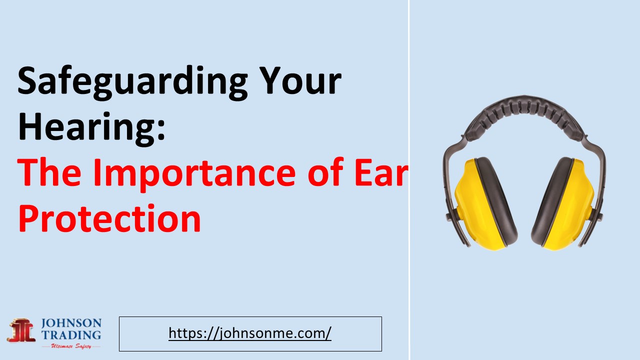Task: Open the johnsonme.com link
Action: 250,333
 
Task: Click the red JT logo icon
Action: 21,330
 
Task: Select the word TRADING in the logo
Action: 71,335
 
